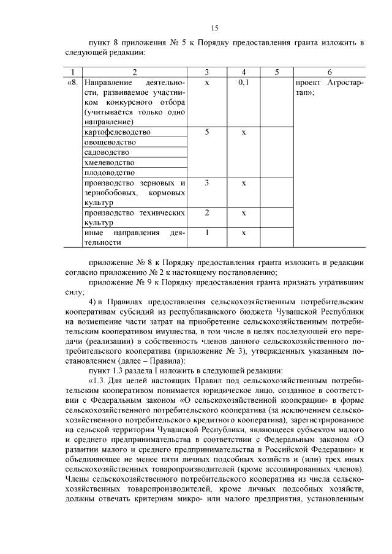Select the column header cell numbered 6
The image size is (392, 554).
pos(330,72)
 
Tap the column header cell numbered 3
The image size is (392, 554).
pos(207,72)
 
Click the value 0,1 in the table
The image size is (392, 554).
pos(243,81)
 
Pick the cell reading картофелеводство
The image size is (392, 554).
pos(116,132)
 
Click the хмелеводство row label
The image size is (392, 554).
pos(109,162)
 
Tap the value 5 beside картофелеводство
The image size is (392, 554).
pos(207,132)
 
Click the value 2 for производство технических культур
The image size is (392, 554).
pos(207,212)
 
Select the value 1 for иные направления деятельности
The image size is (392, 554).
pos(207,233)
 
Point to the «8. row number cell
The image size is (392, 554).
pos(72,81)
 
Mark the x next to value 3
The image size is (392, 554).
pos(243,182)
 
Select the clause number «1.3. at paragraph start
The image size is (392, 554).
pos(99,380)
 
